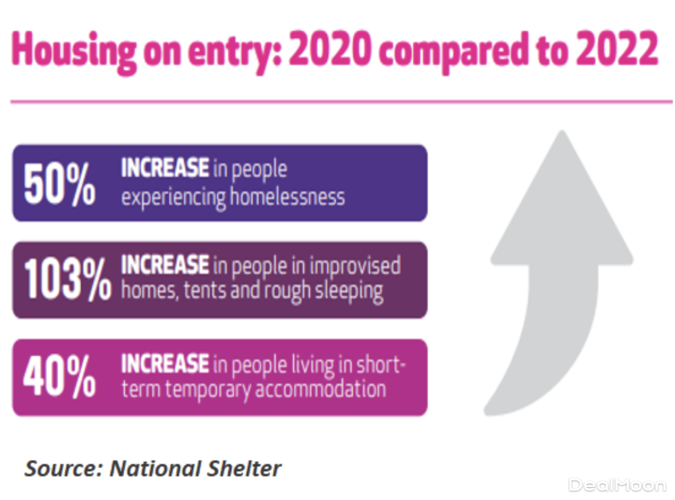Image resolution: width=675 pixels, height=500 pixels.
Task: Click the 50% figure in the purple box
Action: pos(60,184)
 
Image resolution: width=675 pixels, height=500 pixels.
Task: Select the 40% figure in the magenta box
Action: pos(60,377)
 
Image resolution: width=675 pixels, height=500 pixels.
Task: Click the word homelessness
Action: pos(287,197)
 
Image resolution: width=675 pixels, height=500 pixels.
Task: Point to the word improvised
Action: pos(354,266)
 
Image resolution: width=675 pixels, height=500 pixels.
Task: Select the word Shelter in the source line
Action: pos(249,467)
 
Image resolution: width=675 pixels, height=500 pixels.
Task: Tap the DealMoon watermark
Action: pos(617,484)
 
